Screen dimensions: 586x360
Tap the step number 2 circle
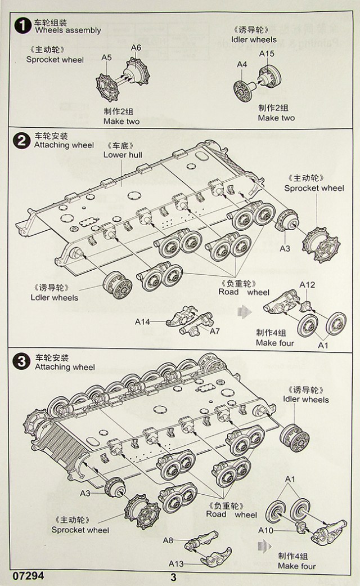21,141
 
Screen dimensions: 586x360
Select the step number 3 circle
21,362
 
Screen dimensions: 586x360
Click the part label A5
107,57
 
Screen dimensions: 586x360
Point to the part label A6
136,47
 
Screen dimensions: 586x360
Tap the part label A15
267,54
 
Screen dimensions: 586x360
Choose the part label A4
242,65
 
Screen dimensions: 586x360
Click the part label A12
307,285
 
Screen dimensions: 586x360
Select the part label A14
143,322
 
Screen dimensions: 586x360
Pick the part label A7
214,331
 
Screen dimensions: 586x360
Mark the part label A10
265,530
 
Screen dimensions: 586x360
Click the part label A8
168,540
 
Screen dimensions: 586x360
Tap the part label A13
176,563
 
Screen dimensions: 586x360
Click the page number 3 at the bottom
173,577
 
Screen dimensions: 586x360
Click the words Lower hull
123,155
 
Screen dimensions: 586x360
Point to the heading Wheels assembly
67,30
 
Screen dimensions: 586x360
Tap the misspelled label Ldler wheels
56,297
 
